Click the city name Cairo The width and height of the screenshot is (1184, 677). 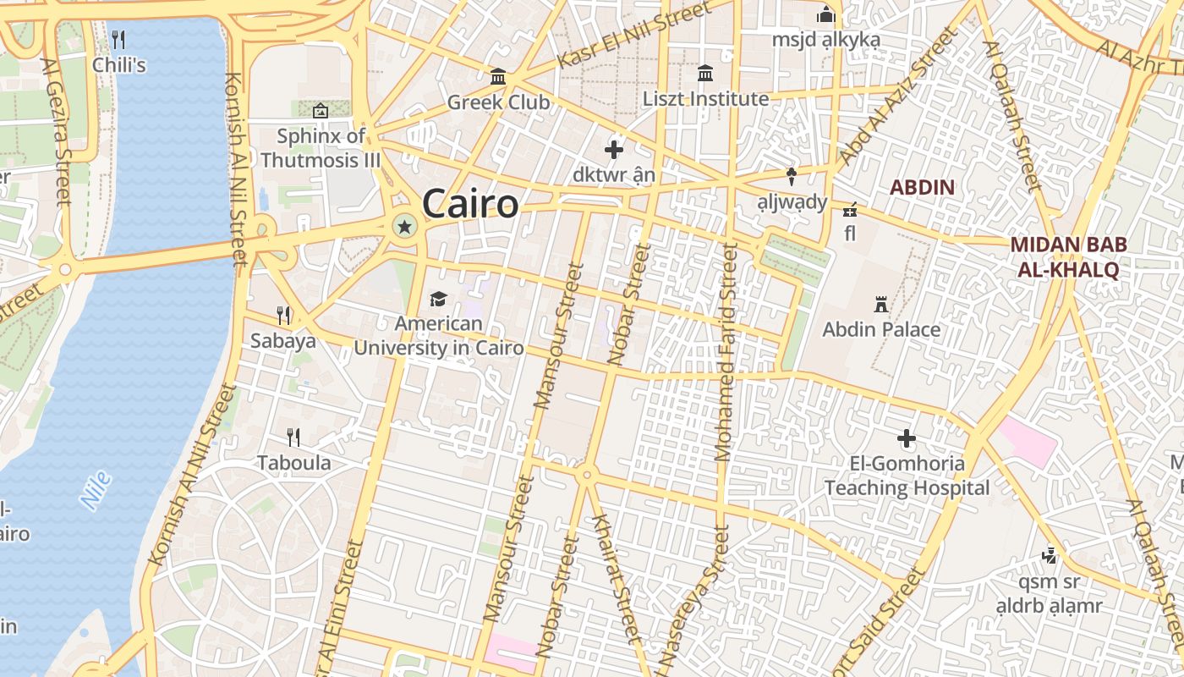(x=470, y=204)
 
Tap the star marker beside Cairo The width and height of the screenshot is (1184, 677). (x=405, y=226)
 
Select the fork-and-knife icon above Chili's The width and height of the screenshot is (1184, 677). (x=118, y=39)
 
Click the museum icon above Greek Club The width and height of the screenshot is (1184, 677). (x=498, y=77)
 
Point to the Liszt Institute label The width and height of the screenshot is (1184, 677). (x=705, y=99)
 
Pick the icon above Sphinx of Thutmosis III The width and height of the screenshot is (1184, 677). (x=321, y=111)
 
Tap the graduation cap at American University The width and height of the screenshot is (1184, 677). (x=438, y=299)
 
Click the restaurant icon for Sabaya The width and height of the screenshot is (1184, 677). (x=283, y=316)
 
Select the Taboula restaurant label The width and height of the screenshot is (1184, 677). (x=293, y=463)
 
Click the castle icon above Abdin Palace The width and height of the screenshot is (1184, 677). (x=881, y=304)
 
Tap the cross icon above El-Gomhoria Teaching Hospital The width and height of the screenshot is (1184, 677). (x=907, y=438)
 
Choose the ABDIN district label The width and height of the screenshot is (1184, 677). (x=922, y=187)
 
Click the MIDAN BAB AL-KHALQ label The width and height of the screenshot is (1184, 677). (x=1068, y=257)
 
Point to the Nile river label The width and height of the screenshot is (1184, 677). (x=96, y=490)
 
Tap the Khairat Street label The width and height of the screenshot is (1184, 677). (x=616, y=575)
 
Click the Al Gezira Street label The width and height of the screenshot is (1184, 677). (x=56, y=132)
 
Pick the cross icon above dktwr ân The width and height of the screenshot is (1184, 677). (x=614, y=151)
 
